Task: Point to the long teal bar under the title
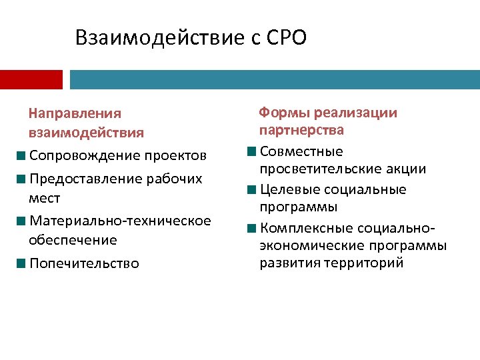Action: [x=274, y=80]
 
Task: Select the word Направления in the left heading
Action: [x=75, y=114]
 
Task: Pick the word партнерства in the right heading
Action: [x=302, y=129]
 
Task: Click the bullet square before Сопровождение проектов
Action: [x=23, y=156]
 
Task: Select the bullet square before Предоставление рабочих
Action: [x=23, y=179]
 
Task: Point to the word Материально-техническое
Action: [x=120, y=221]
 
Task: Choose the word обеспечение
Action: [x=73, y=239]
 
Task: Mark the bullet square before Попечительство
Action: [x=23, y=263]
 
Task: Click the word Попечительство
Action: [x=85, y=263]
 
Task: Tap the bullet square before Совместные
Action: [x=251, y=151]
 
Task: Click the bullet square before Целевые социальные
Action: [x=251, y=190]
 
